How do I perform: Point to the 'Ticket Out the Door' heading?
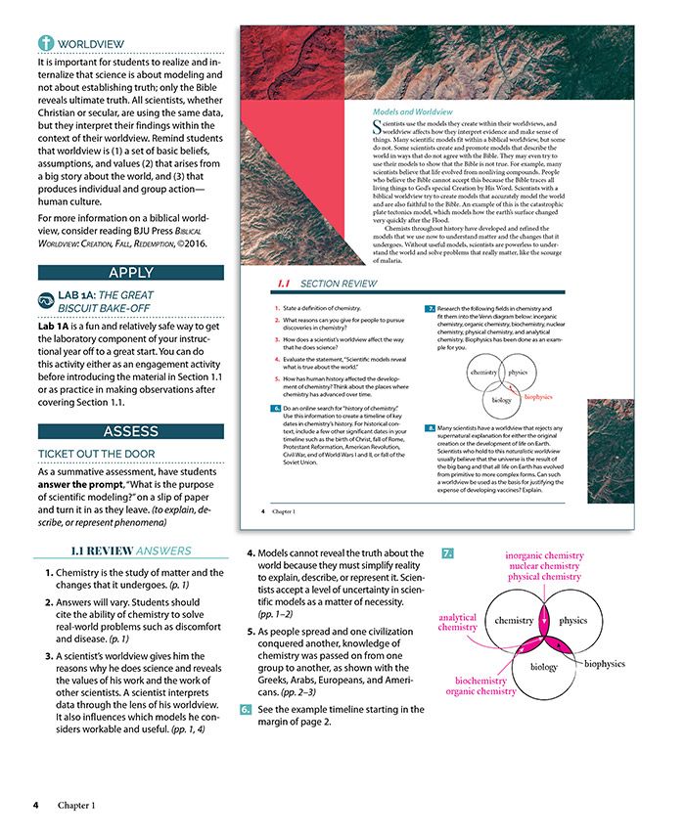94,455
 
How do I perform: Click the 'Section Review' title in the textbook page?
338,284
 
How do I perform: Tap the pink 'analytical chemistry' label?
457,623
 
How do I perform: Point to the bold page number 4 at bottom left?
34,805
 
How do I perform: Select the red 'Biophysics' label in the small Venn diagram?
538,398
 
